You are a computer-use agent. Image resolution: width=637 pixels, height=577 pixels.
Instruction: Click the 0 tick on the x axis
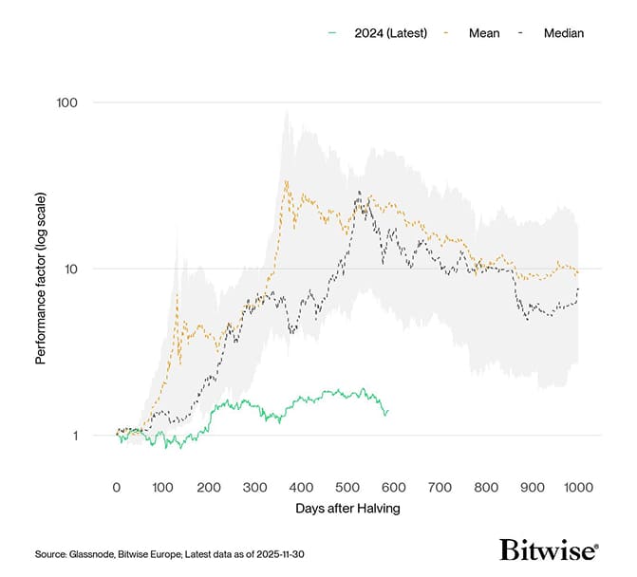(117, 487)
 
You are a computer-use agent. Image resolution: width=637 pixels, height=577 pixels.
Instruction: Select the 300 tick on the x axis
(255, 487)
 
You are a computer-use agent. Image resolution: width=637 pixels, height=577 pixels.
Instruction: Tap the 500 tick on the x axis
(347, 487)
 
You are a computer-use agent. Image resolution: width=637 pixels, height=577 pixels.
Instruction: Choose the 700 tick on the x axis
(440, 487)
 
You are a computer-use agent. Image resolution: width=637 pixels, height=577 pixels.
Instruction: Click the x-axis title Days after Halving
(347, 509)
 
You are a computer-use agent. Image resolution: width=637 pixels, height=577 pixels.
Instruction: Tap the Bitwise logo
(549, 551)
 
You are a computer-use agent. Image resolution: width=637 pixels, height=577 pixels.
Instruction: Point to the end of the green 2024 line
(387, 410)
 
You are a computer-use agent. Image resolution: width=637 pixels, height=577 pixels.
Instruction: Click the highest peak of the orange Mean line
(287, 180)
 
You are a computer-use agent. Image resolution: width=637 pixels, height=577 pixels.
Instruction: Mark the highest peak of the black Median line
(359, 192)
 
